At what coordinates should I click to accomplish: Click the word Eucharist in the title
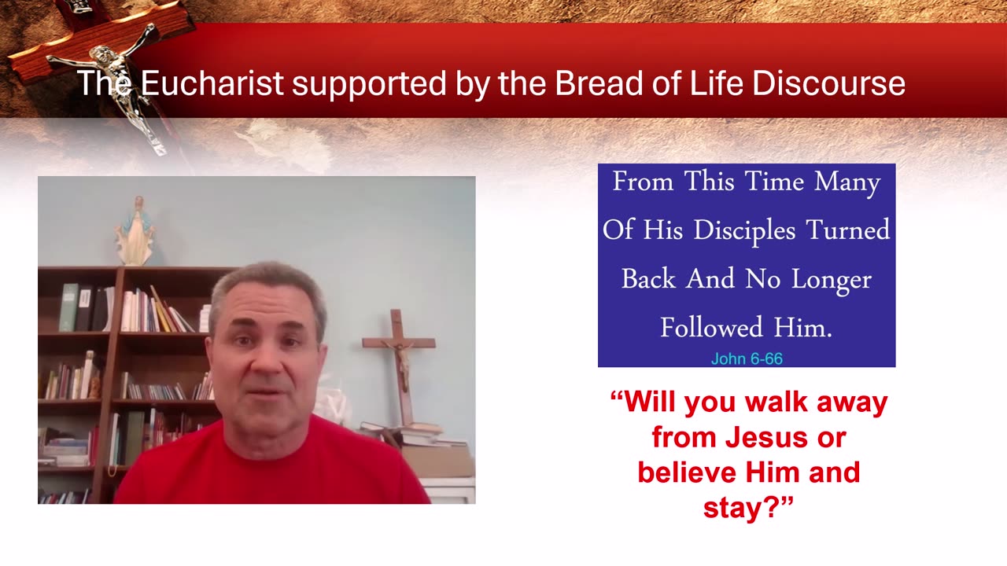pos(212,83)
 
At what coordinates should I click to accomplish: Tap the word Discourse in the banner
pos(828,83)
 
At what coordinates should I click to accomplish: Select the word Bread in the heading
pos(599,83)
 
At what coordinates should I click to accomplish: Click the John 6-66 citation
pos(747,358)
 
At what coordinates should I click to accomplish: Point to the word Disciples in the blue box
pos(745,230)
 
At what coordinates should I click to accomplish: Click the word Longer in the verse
pos(832,279)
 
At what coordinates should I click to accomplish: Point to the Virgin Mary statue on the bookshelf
pos(136,230)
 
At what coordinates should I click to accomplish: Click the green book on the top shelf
pos(68,307)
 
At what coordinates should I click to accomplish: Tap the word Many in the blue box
pos(847,182)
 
